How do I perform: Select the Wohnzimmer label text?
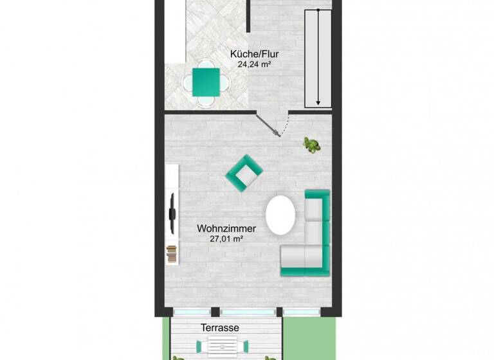point(227,228)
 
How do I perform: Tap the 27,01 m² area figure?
point(227,239)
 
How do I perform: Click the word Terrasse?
point(220,328)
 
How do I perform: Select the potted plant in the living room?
point(313,145)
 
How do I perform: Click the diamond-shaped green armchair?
point(244,174)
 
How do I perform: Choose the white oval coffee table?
point(281,215)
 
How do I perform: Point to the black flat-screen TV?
point(172,213)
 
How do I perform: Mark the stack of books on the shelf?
point(171,255)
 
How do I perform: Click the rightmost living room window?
point(301,311)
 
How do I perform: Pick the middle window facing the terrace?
point(248,311)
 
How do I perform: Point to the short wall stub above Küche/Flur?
point(248,16)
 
